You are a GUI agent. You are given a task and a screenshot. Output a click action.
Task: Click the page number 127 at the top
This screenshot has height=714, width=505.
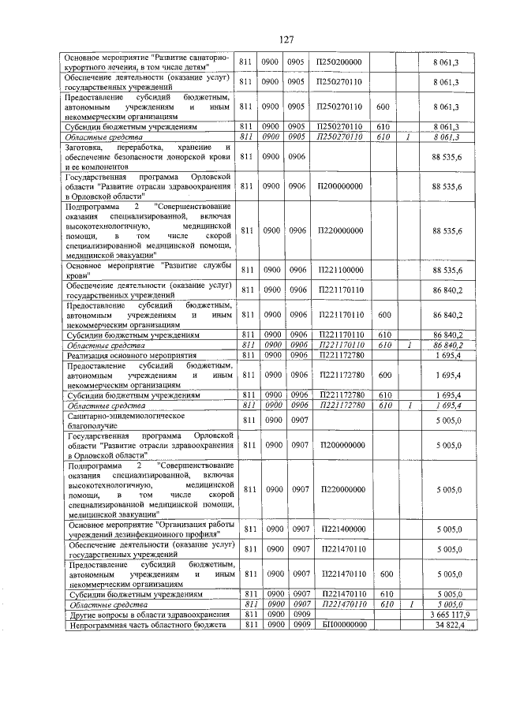(x=286, y=39)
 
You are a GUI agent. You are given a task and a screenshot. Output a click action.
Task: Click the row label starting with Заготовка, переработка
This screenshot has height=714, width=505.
(x=148, y=157)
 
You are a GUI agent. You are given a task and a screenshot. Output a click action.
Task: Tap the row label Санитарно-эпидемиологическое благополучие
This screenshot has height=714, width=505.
(x=126, y=420)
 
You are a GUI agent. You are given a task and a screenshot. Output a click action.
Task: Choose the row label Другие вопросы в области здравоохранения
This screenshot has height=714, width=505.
(x=139, y=614)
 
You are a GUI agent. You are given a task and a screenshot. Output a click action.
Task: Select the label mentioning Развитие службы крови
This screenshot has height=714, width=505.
(x=148, y=271)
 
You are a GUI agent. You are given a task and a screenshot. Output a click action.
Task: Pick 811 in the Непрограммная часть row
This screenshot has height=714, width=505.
(x=246, y=624)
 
